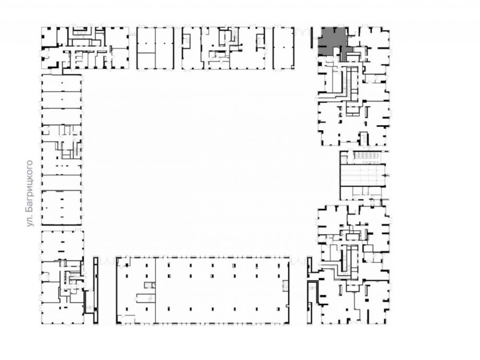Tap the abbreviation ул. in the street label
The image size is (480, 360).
(x=30, y=221)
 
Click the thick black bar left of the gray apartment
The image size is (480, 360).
(x=312, y=37)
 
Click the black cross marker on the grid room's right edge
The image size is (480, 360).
(x=386, y=175)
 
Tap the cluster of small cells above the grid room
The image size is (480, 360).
(x=367, y=155)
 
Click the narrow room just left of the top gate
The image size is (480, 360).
(x=284, y=48)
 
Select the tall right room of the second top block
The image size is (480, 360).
(x=165, y=48)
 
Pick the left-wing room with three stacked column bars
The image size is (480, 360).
(x=61, y=208)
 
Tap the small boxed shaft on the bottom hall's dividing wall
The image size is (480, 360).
(x=150, y=285)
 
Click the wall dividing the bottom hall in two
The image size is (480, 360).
(x=155, y=290)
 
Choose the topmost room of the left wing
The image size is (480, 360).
(x=61, y=83)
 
